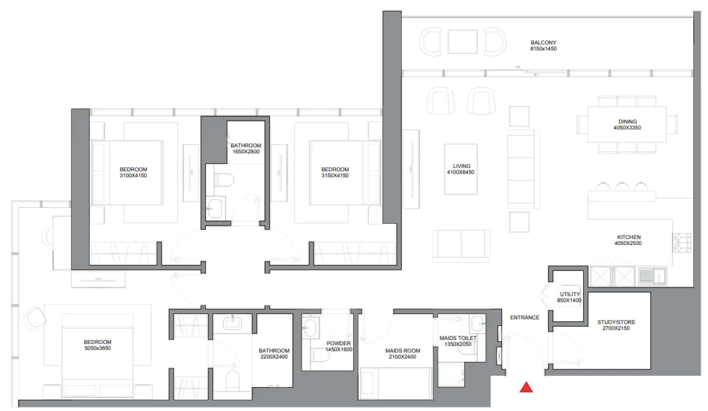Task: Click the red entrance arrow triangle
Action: click(526, 388)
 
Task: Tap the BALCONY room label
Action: click(543, 43)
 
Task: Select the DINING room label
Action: click(627, 122)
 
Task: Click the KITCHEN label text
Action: click(629, 237)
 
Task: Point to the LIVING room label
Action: click(461, 166)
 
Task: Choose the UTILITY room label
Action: click(570, 294)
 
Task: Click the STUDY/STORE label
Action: click(616, 322)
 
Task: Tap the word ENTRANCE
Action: click(524, 318)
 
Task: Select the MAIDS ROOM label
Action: click(402, 351)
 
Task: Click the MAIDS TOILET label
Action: click(458, 338)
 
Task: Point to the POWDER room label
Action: click(338, 343)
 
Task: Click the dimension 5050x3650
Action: click(98, 348)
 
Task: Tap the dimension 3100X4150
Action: click(133, 176)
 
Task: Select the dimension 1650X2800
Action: click(246, 152)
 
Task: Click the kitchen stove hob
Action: click(682, 242)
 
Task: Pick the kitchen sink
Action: click(652, 276)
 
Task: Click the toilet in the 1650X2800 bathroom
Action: click(224, 180)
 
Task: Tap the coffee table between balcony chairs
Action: click(462, 42)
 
